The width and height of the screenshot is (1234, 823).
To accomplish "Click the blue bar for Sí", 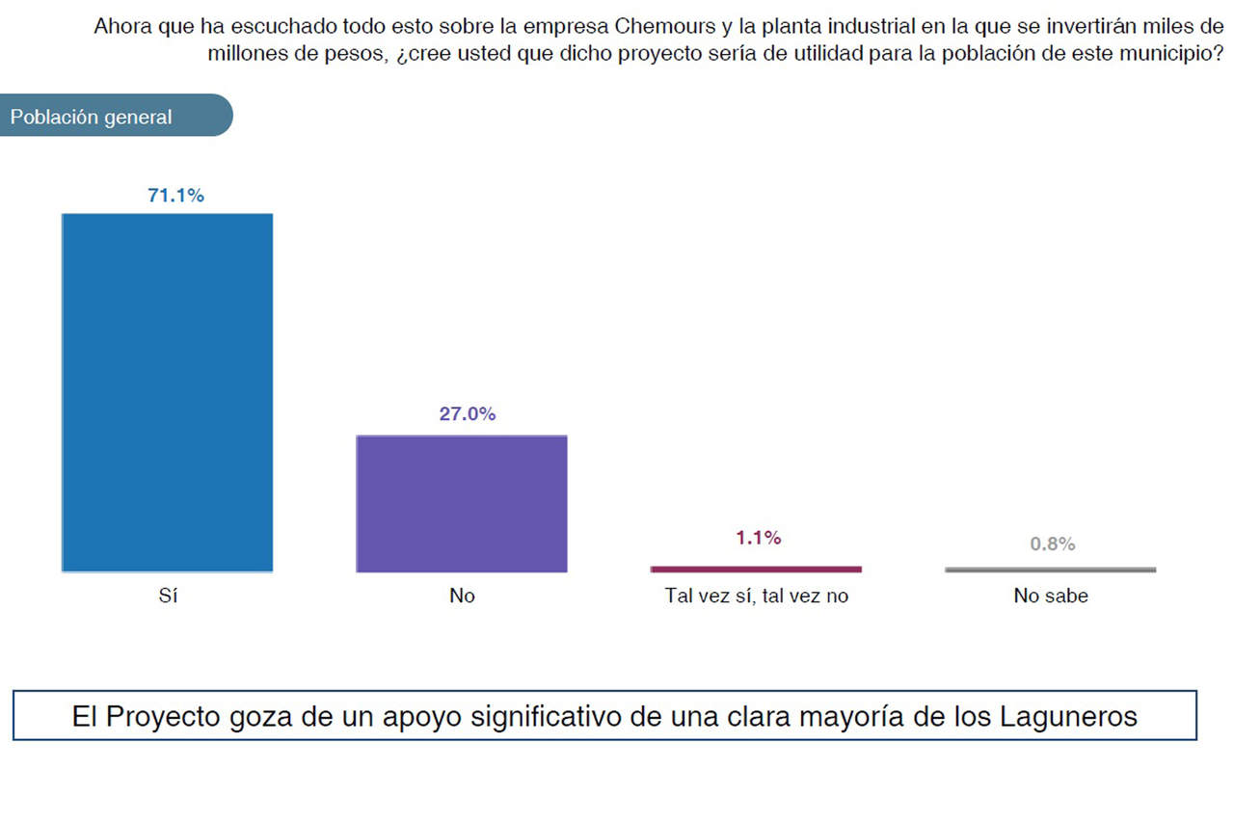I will [x=168, y=392].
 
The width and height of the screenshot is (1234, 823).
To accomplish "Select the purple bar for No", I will [x=462, y=503].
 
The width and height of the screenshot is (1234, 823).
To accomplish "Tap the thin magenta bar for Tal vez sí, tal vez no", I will [x=756, y=569].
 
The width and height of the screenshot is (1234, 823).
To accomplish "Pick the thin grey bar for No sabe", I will [x=1050, y=570].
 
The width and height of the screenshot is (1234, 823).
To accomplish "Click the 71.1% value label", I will [x=175, y=196].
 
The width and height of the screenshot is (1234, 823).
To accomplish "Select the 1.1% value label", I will [x=758, y=538].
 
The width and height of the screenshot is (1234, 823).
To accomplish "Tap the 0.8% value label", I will [x=1052, y=544].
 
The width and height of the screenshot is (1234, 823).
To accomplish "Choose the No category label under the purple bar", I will [x=462, y=596].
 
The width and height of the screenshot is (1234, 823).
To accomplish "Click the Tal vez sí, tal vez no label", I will [x=757, y=596].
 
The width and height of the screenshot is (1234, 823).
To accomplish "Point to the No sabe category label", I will [x=1051, y=596].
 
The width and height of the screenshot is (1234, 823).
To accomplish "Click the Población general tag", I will [x=92, y=117].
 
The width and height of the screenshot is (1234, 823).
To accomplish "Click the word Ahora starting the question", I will [x=121, y=27].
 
